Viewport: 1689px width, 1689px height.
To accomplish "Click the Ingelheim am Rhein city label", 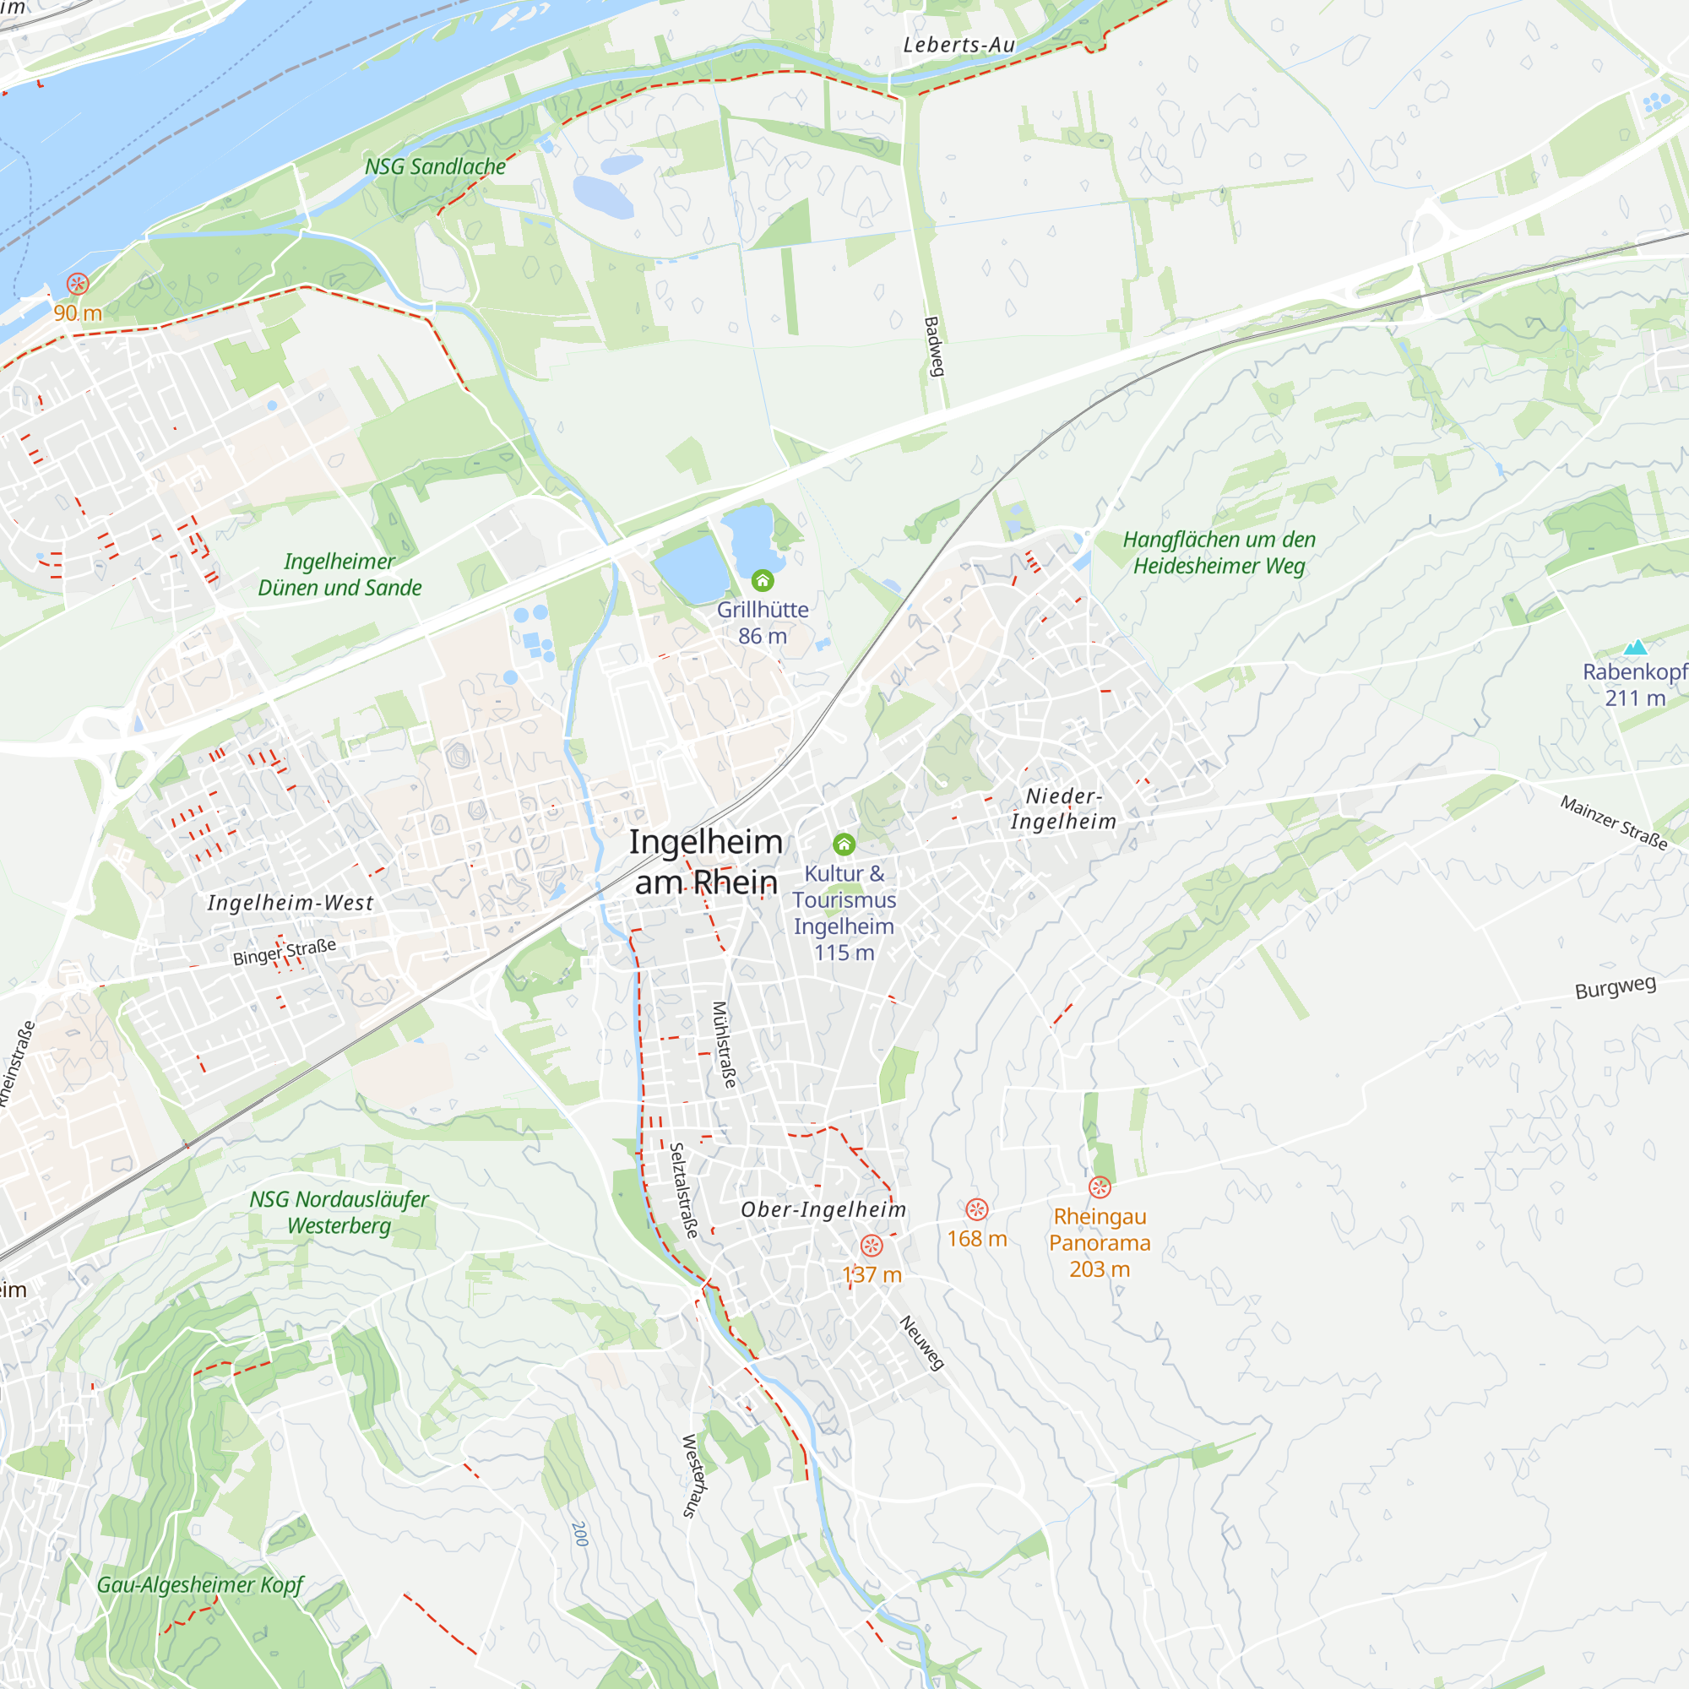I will click(705, 862).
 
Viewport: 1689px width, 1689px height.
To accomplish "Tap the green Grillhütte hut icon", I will click(763, 580).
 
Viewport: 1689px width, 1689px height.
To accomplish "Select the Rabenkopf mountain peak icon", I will click(1635, 647).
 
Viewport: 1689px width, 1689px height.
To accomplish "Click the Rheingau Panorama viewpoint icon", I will click(1099, 1187).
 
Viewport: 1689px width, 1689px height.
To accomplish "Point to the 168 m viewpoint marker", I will click(976, 1210).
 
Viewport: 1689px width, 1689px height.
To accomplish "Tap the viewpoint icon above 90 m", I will click(78, 283).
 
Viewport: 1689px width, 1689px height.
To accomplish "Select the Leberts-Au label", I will click(959, 45).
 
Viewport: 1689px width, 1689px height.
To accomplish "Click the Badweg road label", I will click(935, 347).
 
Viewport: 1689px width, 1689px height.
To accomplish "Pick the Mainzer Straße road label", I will click(1614, 823).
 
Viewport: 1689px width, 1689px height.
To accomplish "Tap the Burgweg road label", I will click(1615, 988).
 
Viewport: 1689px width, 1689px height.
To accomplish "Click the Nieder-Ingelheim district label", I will click(1063, 809).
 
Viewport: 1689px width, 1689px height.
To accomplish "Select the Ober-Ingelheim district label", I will click(823, 1210).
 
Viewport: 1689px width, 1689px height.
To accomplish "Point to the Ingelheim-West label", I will click(291, 903).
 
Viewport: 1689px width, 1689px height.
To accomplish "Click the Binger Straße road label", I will click(284, 952).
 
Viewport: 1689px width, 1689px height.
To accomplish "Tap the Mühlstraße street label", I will click(724, 1045).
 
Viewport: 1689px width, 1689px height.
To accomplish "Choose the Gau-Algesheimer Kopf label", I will click(199, 1585).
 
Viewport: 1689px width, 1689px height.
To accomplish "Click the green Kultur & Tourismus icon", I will click(844, 844).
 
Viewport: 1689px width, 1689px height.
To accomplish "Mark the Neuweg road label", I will click(921, 1343).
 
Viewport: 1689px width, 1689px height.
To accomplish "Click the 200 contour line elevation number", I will click(578, 1534).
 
